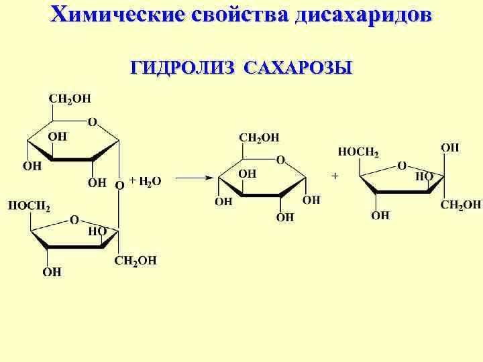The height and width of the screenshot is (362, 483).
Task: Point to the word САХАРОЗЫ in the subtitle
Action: [x=299, y=68]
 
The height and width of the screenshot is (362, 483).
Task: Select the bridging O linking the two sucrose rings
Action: [x=119, y=184]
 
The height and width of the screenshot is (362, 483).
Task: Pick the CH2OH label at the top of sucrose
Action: [x=69, y=99]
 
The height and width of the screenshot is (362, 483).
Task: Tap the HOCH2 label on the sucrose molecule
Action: [x=28, y=204]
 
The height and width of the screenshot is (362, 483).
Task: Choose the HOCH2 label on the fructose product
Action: [x=358, y=152]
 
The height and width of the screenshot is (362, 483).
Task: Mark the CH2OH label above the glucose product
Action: [x=259, y=137]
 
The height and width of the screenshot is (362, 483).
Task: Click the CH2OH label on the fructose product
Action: [x=460, y=204]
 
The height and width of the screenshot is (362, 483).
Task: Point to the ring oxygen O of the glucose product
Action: [x=280, y=160]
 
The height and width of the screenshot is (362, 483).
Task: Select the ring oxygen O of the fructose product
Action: [x=401, y=165]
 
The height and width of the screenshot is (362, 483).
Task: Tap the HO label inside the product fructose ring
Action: [x=424, y=176]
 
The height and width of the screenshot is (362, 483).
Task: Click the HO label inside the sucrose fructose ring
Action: [x=97, y=231]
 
